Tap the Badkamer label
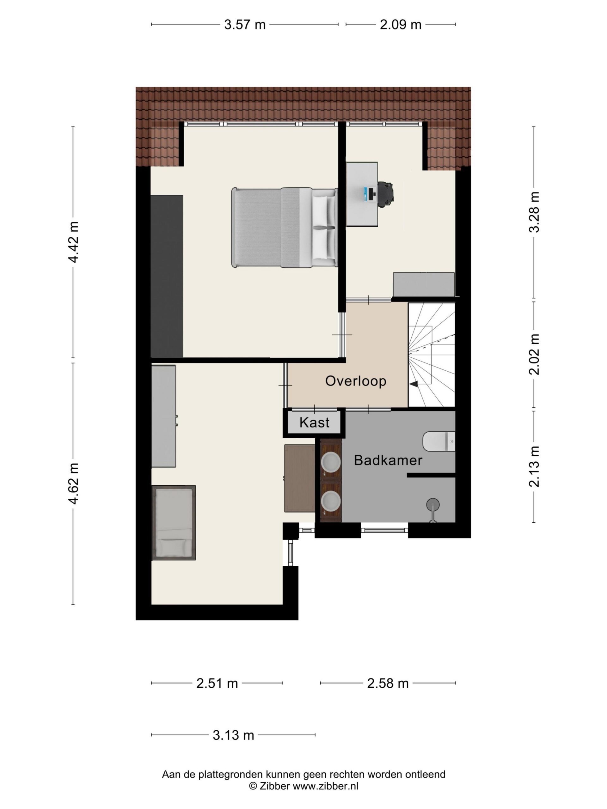click(x=388, y=460)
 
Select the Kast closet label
click(x=314, y=423)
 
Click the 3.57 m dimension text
click(x=245, y=25)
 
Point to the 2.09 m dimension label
click(x=401, y=25)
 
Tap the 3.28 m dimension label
click(x=534, y=212)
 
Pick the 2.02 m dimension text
click(x=534, y=354)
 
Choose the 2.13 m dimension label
click(x=534, y=466)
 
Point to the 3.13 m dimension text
click(x=233, y=735)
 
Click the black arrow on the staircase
click(x=414, y=384)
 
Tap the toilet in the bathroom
click(x=439, y=441)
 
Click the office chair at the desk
click(x=386, y=194)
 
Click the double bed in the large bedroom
click(x=285, y=228)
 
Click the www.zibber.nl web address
click(x=325, y=786)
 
